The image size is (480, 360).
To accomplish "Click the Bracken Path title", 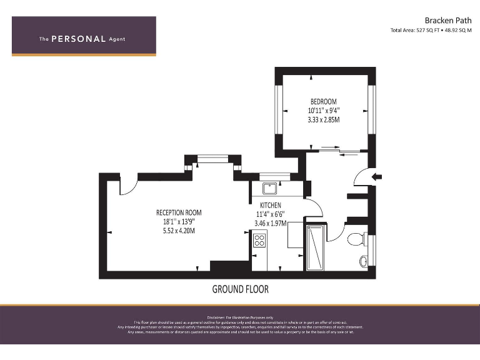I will pos(445,20).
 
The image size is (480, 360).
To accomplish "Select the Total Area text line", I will pos(431,30).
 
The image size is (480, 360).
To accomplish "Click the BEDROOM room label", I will pos(324,102).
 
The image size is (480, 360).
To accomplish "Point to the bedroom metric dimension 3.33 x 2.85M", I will pos(324,119).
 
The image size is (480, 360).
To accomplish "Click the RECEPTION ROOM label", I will pos(179,212).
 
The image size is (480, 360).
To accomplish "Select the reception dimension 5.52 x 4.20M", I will pos(179,231).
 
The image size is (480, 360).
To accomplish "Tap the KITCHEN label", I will pos(271,205).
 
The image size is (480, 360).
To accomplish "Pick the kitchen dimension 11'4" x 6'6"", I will pos(271,214).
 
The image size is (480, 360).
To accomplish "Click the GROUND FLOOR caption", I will pos(240,289).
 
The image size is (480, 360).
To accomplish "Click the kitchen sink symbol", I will pos(271,187).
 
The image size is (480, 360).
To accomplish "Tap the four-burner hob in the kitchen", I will pos(259,239).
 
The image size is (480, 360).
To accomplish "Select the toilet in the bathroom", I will pos(356,239).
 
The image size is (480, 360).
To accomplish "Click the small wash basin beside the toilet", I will pos(364,261).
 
